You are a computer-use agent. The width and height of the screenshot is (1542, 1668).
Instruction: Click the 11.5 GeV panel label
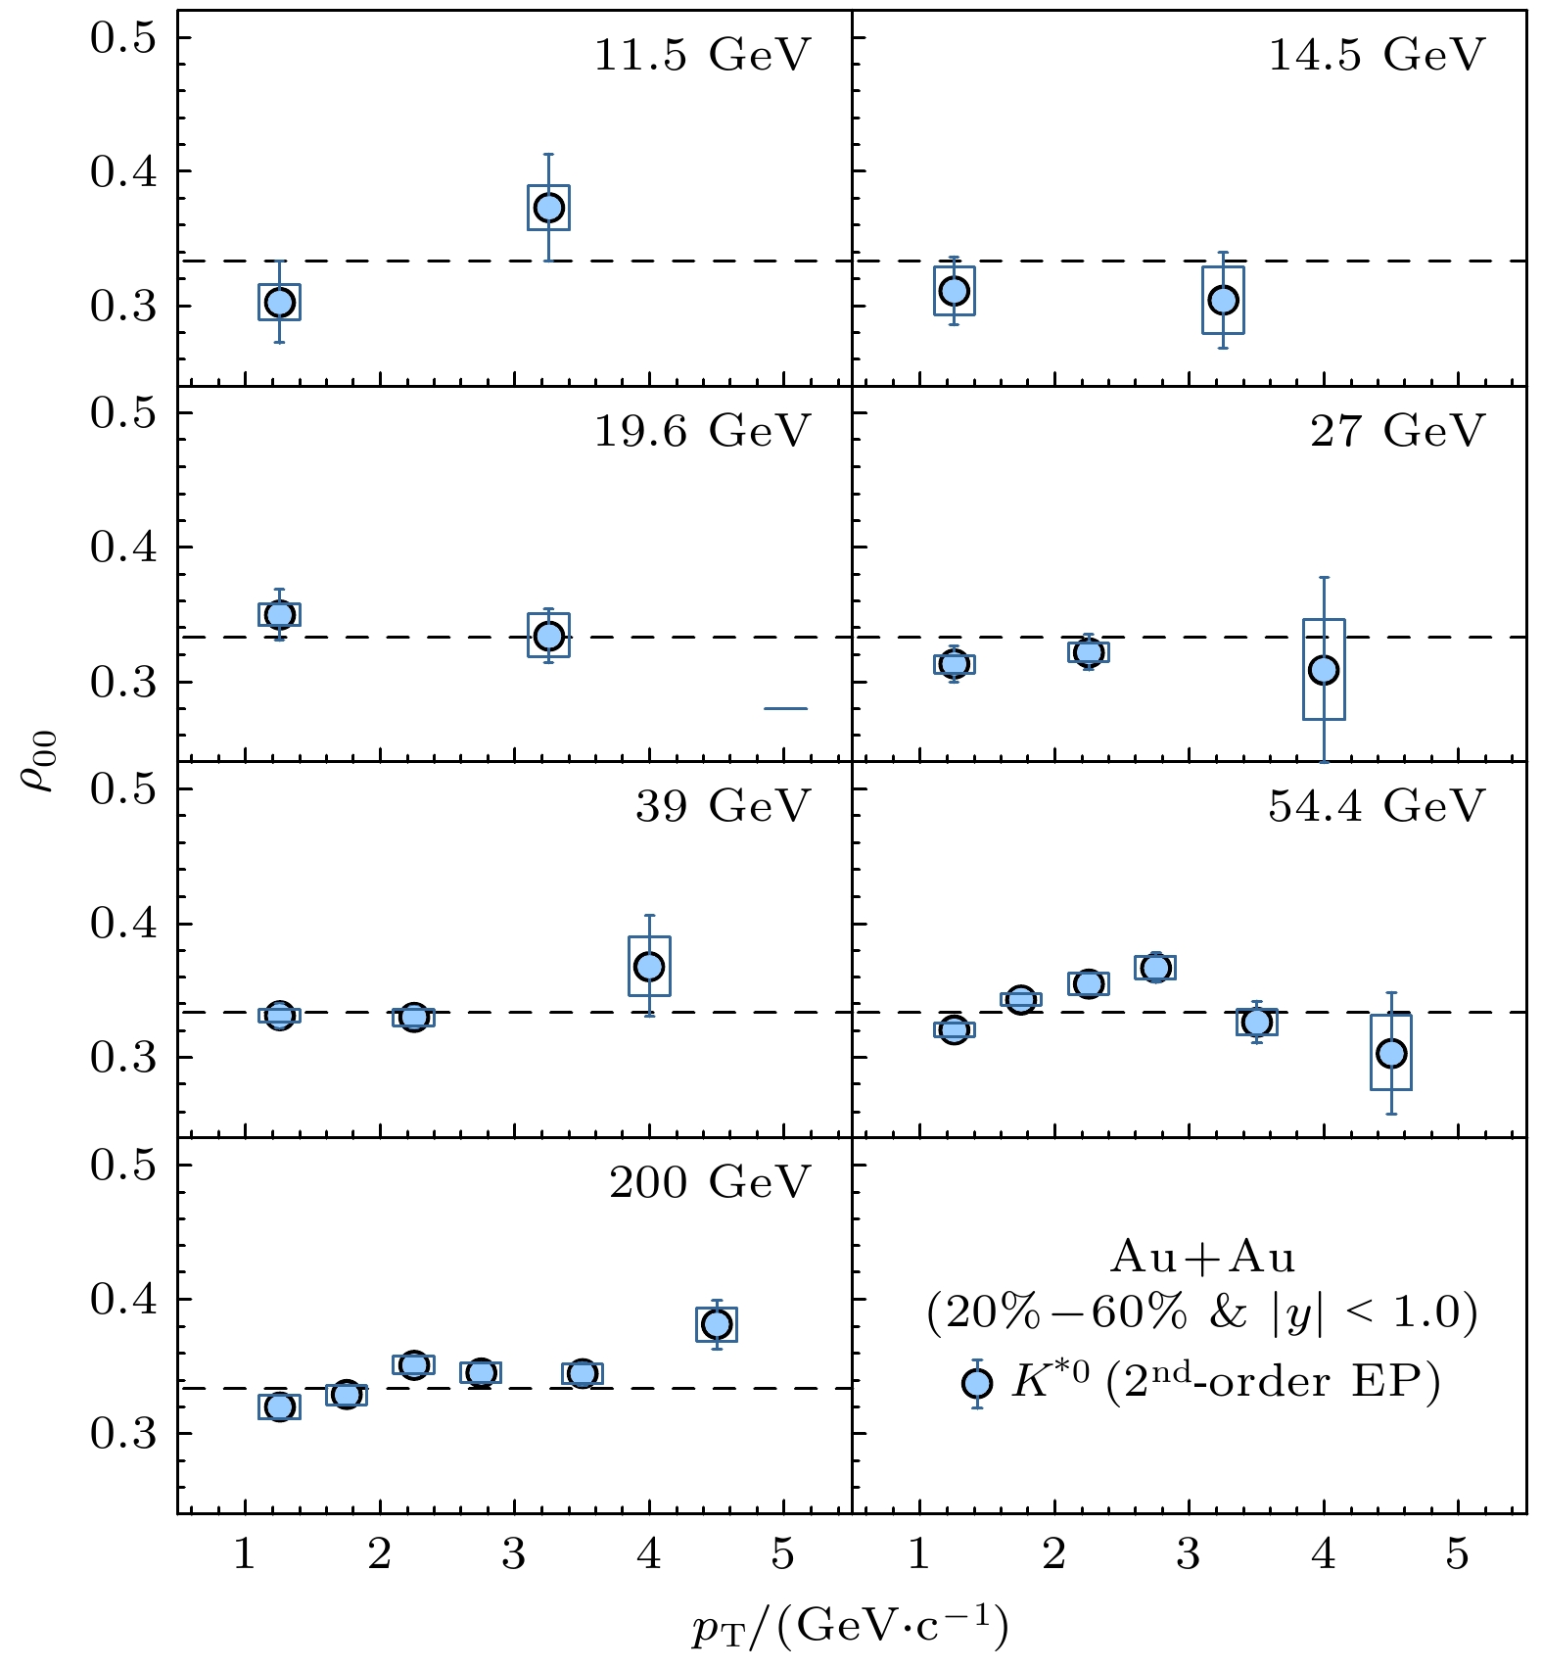pos(702,55)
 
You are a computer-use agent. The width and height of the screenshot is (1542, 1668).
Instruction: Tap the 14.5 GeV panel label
pos(1377,55)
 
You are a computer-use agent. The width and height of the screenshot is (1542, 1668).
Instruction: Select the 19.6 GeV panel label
pos(702,431)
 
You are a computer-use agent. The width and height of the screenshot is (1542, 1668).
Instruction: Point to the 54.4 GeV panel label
pos(1377,806)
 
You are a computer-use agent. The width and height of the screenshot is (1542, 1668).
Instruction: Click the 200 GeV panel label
pos(710,1182)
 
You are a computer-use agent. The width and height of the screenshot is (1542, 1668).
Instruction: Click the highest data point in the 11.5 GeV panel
pos(548,208)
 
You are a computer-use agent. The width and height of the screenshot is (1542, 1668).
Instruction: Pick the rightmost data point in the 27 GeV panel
pos(1324,670)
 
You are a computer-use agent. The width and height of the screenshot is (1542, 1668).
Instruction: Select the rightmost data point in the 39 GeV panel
pos(649,967)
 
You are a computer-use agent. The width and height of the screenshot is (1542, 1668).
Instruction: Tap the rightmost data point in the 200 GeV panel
pos(717,1324)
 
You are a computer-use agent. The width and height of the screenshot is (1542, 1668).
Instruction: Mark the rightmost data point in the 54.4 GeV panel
pos(1391,1054)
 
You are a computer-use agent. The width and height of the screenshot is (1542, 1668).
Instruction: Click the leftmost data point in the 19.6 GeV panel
pos(280,614)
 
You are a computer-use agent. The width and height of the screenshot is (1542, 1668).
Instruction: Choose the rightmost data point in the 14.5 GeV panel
pos(1223,300)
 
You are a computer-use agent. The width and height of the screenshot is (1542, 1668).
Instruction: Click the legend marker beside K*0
pos(977,1383)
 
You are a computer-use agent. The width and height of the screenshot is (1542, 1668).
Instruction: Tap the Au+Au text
pos(1203,1258)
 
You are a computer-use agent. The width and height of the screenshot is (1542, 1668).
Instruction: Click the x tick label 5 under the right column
pos(1458,1555)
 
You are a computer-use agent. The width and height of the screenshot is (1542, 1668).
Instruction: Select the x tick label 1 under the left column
pos(245,1555)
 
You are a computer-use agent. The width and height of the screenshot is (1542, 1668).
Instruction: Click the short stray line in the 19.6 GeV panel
pos(785,708)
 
